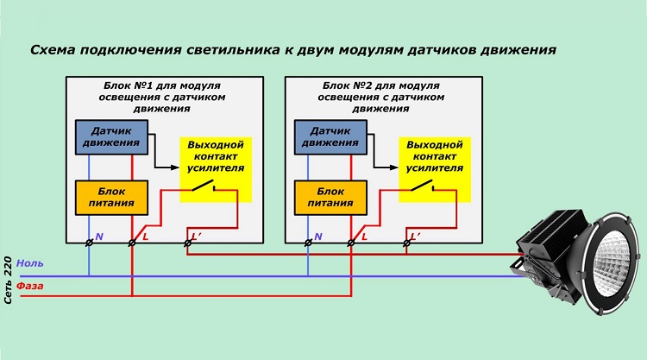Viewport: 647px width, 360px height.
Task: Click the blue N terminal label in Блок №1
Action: click(x=99, y=236)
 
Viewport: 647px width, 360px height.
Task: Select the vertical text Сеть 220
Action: click(x=8, y=280)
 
